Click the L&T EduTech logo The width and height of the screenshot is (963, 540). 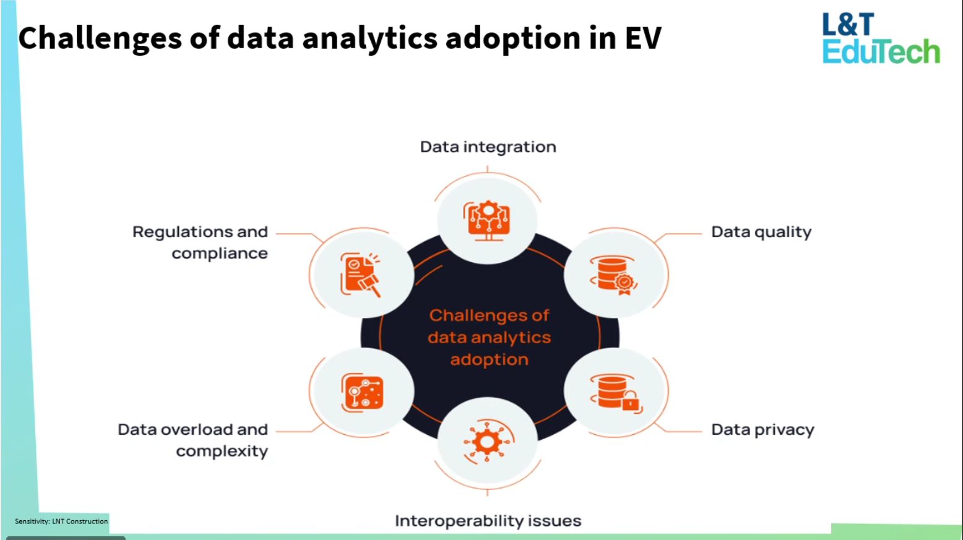click(x=880, y=39)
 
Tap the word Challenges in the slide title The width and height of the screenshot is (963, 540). click(x=100, y=38)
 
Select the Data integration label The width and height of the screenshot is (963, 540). click(x=488, y=147)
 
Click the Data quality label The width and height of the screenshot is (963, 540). click(x=761, y=233)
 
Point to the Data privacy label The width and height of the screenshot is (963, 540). click(x=762, y=430)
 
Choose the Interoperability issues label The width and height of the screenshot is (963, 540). click(x=488, y=521)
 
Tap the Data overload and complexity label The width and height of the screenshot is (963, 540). click(x=193, y=440)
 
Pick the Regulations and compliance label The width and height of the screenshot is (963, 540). click(x=201, y=242)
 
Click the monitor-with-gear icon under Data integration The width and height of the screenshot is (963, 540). click(x=488, y=221)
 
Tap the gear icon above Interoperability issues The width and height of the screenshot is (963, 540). click(x=488, y=442)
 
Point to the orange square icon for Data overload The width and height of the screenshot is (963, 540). click(x=363, y=392)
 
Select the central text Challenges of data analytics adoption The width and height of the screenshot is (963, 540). click(x=489, y=337)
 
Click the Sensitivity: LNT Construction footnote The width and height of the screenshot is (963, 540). click(x=61, y=521)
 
